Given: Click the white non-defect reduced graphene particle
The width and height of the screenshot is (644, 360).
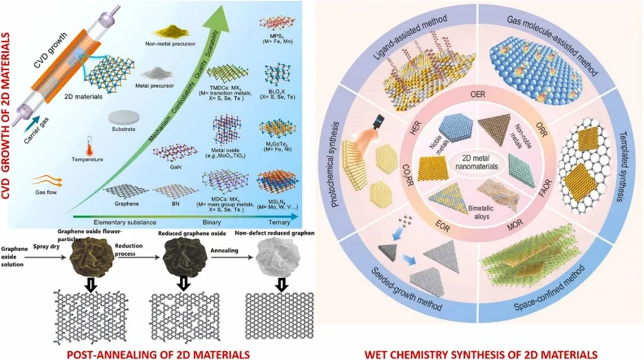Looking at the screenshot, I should tap(273, 257).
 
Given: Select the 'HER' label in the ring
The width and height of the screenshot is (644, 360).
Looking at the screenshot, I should tap(420, 130).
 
